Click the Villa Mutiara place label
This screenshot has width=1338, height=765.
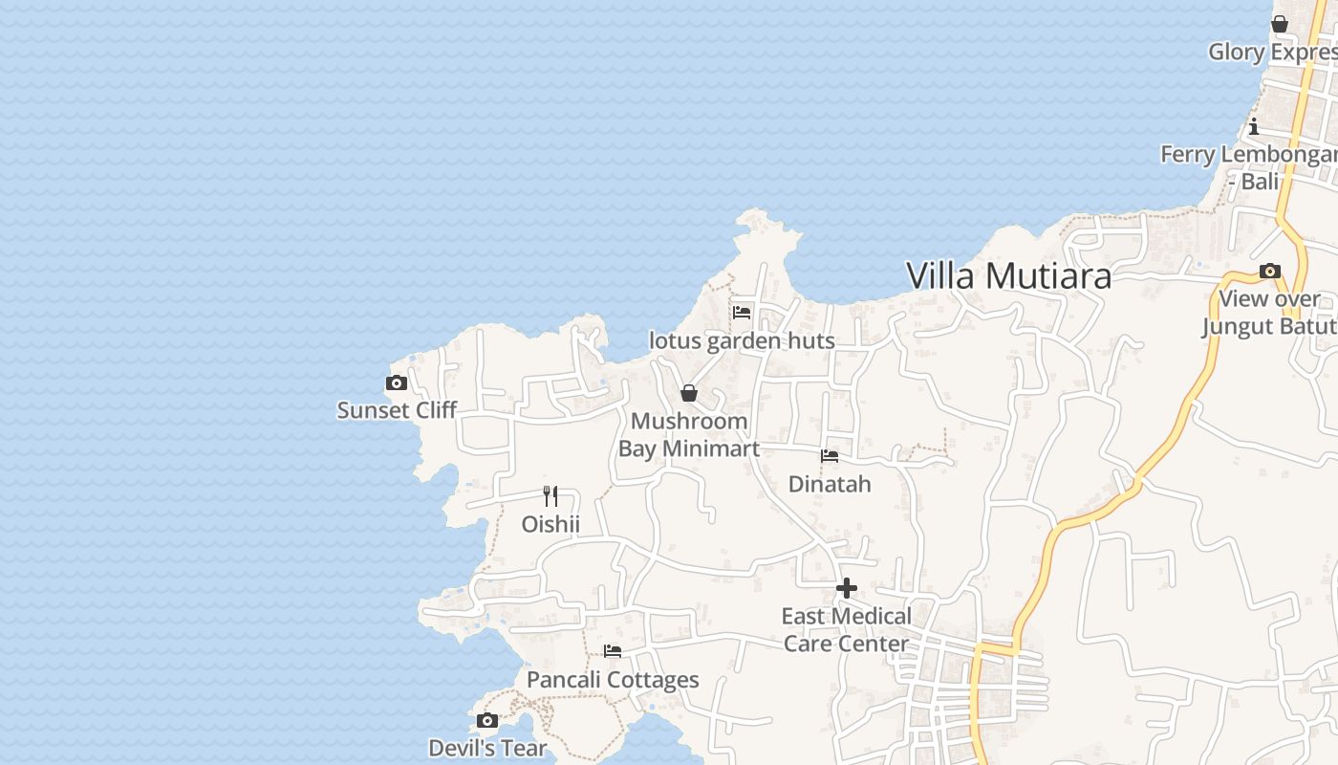1008,276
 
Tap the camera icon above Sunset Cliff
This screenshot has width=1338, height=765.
397,383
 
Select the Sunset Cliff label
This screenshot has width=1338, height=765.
397,410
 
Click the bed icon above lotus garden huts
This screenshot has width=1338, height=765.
742,313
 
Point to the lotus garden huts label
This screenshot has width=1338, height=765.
742,340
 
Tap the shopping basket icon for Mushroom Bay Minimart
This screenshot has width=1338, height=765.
689,393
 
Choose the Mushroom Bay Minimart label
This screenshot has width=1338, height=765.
689,435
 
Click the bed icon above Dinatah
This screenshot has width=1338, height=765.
830,456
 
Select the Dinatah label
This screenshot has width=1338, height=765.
830,484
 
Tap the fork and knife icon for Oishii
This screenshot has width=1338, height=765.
550,495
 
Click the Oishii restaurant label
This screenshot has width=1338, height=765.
550,524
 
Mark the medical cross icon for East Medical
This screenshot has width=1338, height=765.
846,588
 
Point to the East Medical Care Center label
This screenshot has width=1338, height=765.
846,629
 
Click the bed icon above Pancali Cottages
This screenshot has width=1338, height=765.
613,651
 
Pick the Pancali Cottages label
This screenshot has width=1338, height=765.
613,680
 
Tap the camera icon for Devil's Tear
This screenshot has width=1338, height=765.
487,720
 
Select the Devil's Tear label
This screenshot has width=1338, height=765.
487,748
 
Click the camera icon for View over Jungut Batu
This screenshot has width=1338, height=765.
1270,272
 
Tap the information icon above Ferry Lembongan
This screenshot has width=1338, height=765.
1254,126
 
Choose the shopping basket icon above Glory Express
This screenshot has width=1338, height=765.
1280,24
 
